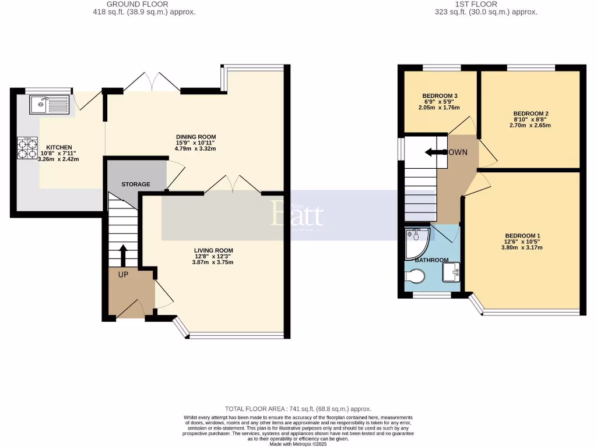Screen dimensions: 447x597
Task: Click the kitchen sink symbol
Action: pos(49,105)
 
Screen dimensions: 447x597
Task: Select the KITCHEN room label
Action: pos(59,147)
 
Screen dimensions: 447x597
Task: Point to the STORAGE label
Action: pos(135,184)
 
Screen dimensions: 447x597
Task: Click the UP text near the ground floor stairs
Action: pos(123,274)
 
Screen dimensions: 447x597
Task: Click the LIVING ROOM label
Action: pos(213,251)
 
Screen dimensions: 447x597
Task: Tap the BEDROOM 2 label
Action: pos(531,113)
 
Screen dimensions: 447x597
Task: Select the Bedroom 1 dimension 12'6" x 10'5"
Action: pos(523,242)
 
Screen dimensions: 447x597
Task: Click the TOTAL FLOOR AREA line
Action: pos(298,409)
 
